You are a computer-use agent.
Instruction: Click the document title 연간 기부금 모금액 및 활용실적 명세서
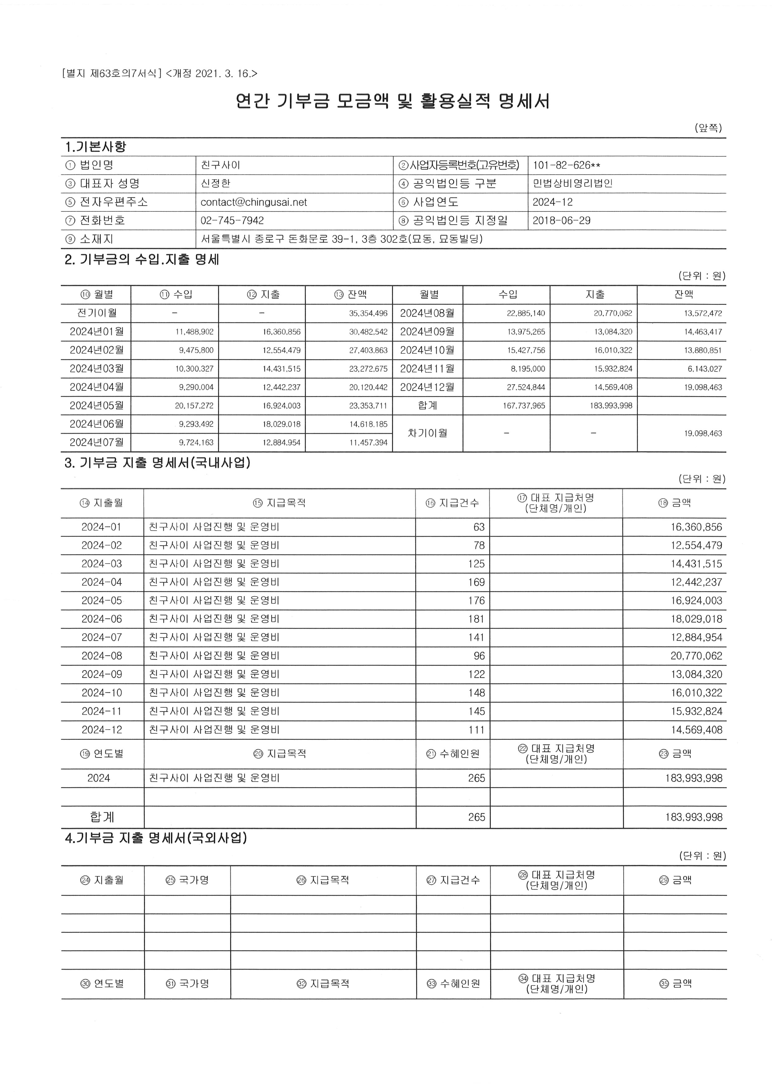[x=393, y=101]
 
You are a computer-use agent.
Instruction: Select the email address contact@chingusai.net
[x=253, y=202]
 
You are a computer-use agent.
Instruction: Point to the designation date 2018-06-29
[x=561, y=221]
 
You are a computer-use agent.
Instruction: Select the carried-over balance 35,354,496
[x=368, y=314]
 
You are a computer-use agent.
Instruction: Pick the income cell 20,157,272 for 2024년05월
[x=194, y=406]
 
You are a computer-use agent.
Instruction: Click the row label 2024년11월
[x=427, y=369]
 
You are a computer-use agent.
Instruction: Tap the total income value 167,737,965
[x=524, y=406]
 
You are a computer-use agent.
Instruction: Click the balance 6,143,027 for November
[x=703, y=369]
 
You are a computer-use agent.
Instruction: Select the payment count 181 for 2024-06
[x=476, y=619]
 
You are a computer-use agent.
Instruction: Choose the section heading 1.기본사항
[x=95, y=146]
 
